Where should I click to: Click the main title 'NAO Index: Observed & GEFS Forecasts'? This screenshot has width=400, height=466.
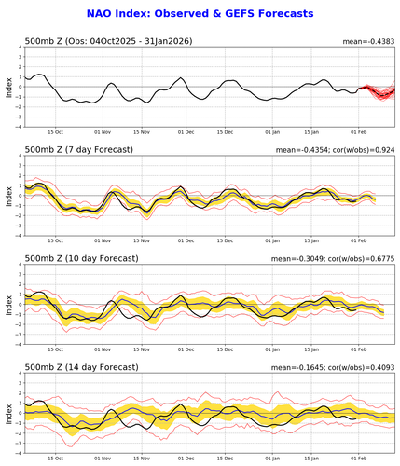(x=200, y=15)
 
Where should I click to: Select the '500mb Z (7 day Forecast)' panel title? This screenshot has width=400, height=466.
(x=78, y=150)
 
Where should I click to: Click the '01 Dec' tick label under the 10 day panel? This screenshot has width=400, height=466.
(x=186, y=348)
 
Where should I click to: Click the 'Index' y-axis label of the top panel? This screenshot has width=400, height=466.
(x=7, y=89)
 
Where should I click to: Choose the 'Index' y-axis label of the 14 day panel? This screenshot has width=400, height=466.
(x=7, y=411)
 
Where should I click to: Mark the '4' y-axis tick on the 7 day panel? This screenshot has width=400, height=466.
(x=19, y=158)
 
